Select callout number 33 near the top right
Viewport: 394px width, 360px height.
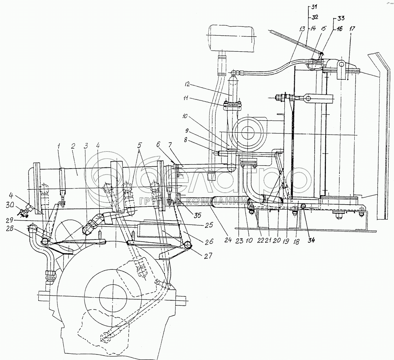340,18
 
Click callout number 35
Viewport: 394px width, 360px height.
198,215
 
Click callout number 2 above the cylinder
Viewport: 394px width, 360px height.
73,146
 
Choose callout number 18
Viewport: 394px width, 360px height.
296,241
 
